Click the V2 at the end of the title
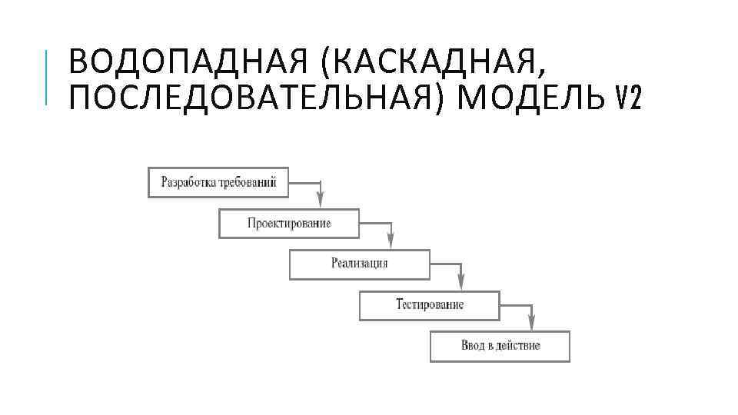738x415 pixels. (x=629, y=98)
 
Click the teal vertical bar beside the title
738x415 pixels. (x=48, y=77)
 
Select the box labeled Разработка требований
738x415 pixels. (x=218, y=182)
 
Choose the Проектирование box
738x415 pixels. (x=289, y=223)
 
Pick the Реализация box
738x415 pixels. (x=359, y=264)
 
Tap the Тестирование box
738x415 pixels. (x=429, y=304)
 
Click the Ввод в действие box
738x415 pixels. (x=500, y=345)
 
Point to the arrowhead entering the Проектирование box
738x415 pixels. (x=321, y=201)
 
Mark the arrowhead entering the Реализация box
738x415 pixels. (x=391, y=242)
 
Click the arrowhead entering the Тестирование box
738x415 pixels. (x=461, y=283)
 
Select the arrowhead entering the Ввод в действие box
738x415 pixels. (x=531, y=324)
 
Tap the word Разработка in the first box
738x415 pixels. (x=188, y=182)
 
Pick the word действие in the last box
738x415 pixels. (x=518, y=345)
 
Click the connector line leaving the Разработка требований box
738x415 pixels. (x=305, y=183)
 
